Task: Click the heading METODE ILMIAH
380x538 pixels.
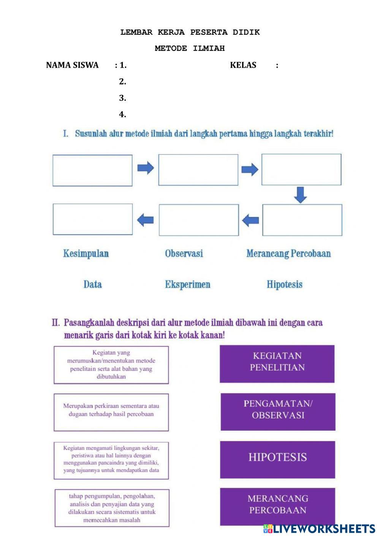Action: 190,48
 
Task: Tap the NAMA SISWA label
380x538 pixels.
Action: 72,65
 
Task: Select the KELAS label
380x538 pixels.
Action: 243,65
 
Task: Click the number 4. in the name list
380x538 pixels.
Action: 122,114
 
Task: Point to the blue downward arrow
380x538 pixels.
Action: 301,194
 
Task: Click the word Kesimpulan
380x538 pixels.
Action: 86,253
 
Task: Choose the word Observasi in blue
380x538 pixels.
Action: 184,253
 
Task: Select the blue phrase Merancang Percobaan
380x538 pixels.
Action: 288,253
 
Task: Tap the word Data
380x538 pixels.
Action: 92,284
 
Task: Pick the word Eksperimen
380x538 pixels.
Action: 187,284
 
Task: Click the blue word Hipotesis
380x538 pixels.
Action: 285,284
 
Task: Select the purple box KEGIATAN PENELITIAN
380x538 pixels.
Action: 277,363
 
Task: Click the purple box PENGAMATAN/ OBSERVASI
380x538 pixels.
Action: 278,412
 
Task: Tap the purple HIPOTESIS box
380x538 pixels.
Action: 277,459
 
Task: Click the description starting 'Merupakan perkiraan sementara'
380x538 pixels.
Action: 111,412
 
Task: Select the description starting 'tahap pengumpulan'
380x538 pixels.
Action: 112,508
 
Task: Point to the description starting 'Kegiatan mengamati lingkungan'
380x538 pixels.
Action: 111,460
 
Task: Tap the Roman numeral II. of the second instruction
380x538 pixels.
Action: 56,323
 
